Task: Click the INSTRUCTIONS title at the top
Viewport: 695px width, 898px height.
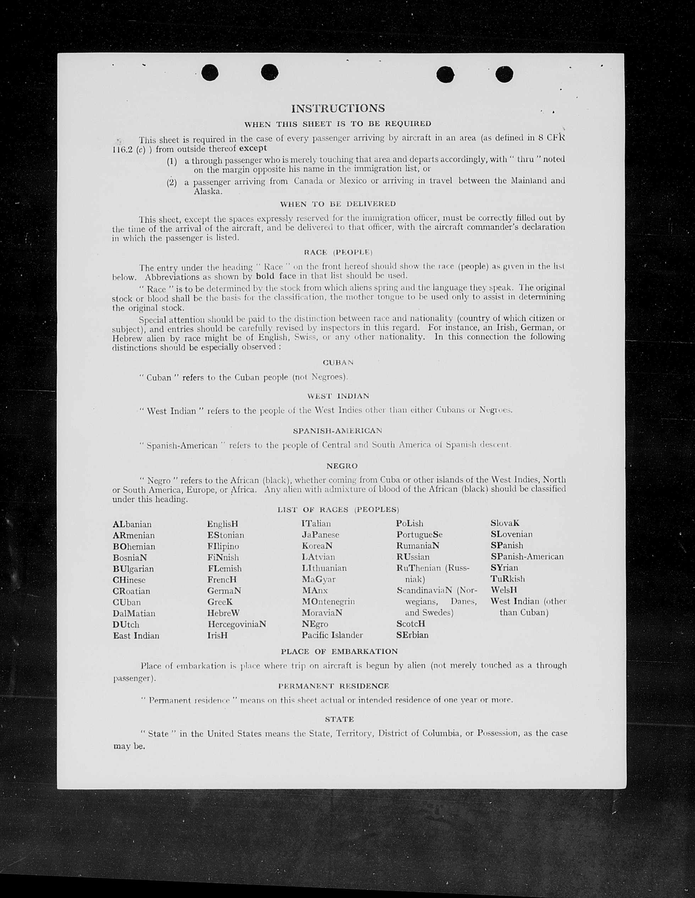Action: pos(338,109)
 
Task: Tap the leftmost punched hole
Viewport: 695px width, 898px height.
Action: pos(210,73)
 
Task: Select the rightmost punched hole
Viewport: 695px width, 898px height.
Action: pos(504,75)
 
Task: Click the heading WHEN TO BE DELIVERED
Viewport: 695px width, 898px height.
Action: pos(338,204)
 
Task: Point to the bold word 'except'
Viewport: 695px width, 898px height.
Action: pos(253,148)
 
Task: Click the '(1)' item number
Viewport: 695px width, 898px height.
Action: pos(172,161)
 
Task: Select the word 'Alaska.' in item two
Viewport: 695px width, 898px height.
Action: pos(208,191)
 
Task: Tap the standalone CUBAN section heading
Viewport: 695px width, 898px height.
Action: pos(338,363)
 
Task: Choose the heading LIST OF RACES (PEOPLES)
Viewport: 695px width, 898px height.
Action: pos(338,510)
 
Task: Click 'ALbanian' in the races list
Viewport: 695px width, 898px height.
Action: pos(132,524)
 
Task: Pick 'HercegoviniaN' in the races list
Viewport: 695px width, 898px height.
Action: pos(237,624)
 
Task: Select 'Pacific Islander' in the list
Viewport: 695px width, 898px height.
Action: pos(332,635)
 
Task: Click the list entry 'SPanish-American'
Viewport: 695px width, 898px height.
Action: pos(527,557)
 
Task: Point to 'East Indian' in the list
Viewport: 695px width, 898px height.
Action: pos(136,636)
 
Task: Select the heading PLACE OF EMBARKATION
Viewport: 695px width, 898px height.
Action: pos(339,652)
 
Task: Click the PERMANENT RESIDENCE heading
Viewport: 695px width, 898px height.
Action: pos(333,686)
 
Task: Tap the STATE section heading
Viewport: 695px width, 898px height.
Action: pos(339,720)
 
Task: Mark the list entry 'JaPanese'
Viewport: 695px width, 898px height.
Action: pos(320,535)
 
